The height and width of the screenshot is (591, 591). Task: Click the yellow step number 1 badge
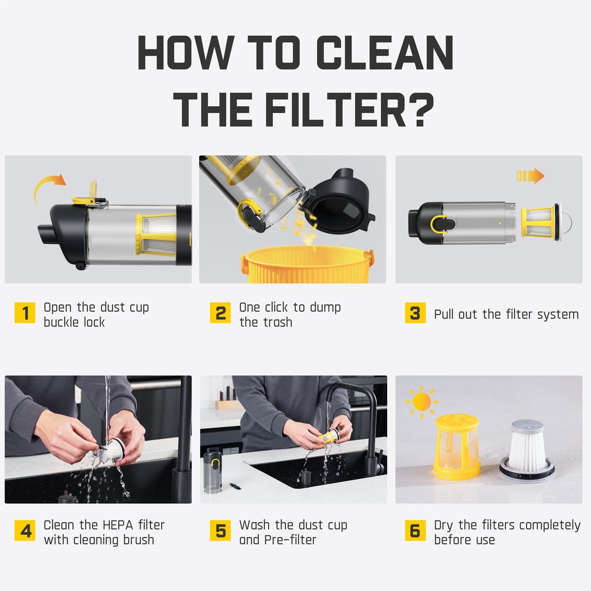click(x=25, y=312)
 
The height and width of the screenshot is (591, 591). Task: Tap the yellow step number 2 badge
click(x=220, y=312)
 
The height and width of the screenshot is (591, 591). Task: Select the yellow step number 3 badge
click(x=415, y=312)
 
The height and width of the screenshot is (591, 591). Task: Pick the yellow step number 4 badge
click(x=25, y=530)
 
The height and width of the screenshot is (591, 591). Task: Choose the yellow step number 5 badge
click(x=220, y=530)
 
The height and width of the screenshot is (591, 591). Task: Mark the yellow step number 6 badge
click(x=415, y=530)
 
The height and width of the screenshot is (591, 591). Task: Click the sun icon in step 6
click(x=421, y=402)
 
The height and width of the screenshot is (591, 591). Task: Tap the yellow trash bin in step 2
click(x=307, y=264)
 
